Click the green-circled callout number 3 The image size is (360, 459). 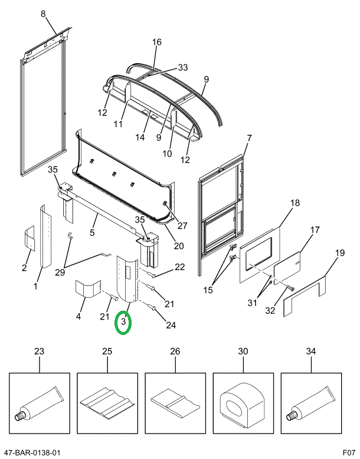pyautogui.click(x=124, y=323)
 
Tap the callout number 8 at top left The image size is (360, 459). pyautogui.click(x=42, y=14)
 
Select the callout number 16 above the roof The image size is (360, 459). pyautogui.click(x=156, y=42)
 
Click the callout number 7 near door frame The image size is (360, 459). pyautogui.click(x=249, y=138)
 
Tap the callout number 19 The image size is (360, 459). pyautogui.click(x=339, y=253)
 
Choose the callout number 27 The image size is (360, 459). pyautogui.click(x=181, y=224)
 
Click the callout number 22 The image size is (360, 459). pyautogui.click(x=179, y=267)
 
